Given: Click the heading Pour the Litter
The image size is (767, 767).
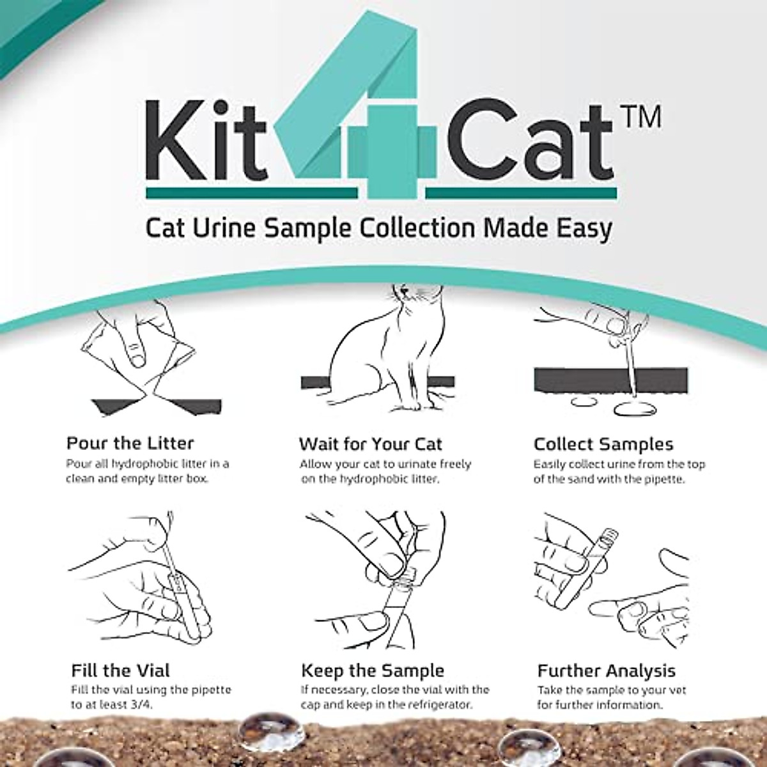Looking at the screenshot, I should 130,443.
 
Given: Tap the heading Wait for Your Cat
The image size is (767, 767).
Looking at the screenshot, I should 370,444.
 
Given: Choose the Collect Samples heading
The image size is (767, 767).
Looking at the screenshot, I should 603,444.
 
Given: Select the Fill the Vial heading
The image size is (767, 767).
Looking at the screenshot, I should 121,670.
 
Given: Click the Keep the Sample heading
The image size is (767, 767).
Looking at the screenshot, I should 372,670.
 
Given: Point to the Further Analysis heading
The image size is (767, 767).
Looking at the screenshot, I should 606,670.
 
